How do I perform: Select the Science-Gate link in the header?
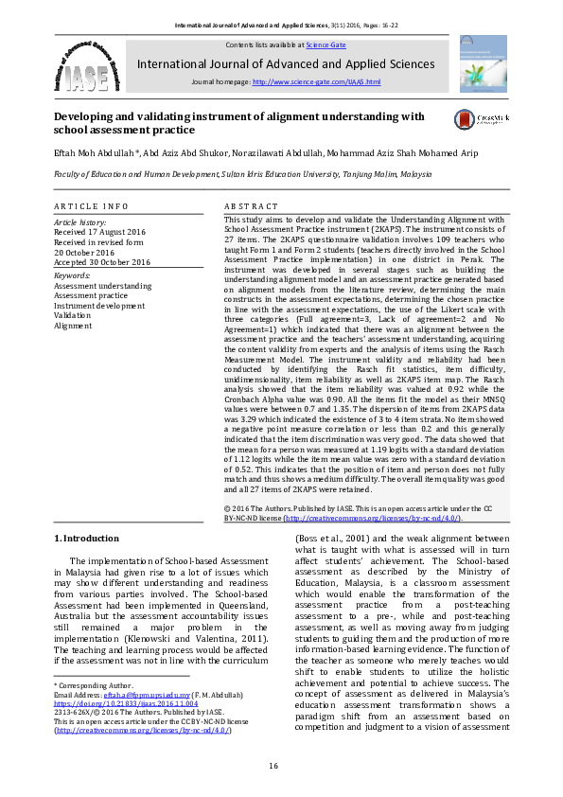point(325,44)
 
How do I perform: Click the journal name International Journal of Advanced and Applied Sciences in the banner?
point(287,64)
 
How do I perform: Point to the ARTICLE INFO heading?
point(91,205)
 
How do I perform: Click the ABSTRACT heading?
point(251,205)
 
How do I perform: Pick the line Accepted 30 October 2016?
point(101,262)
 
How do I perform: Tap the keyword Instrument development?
point(99,306)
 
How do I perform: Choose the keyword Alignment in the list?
point(73,326)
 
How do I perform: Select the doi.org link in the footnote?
point(125,704)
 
